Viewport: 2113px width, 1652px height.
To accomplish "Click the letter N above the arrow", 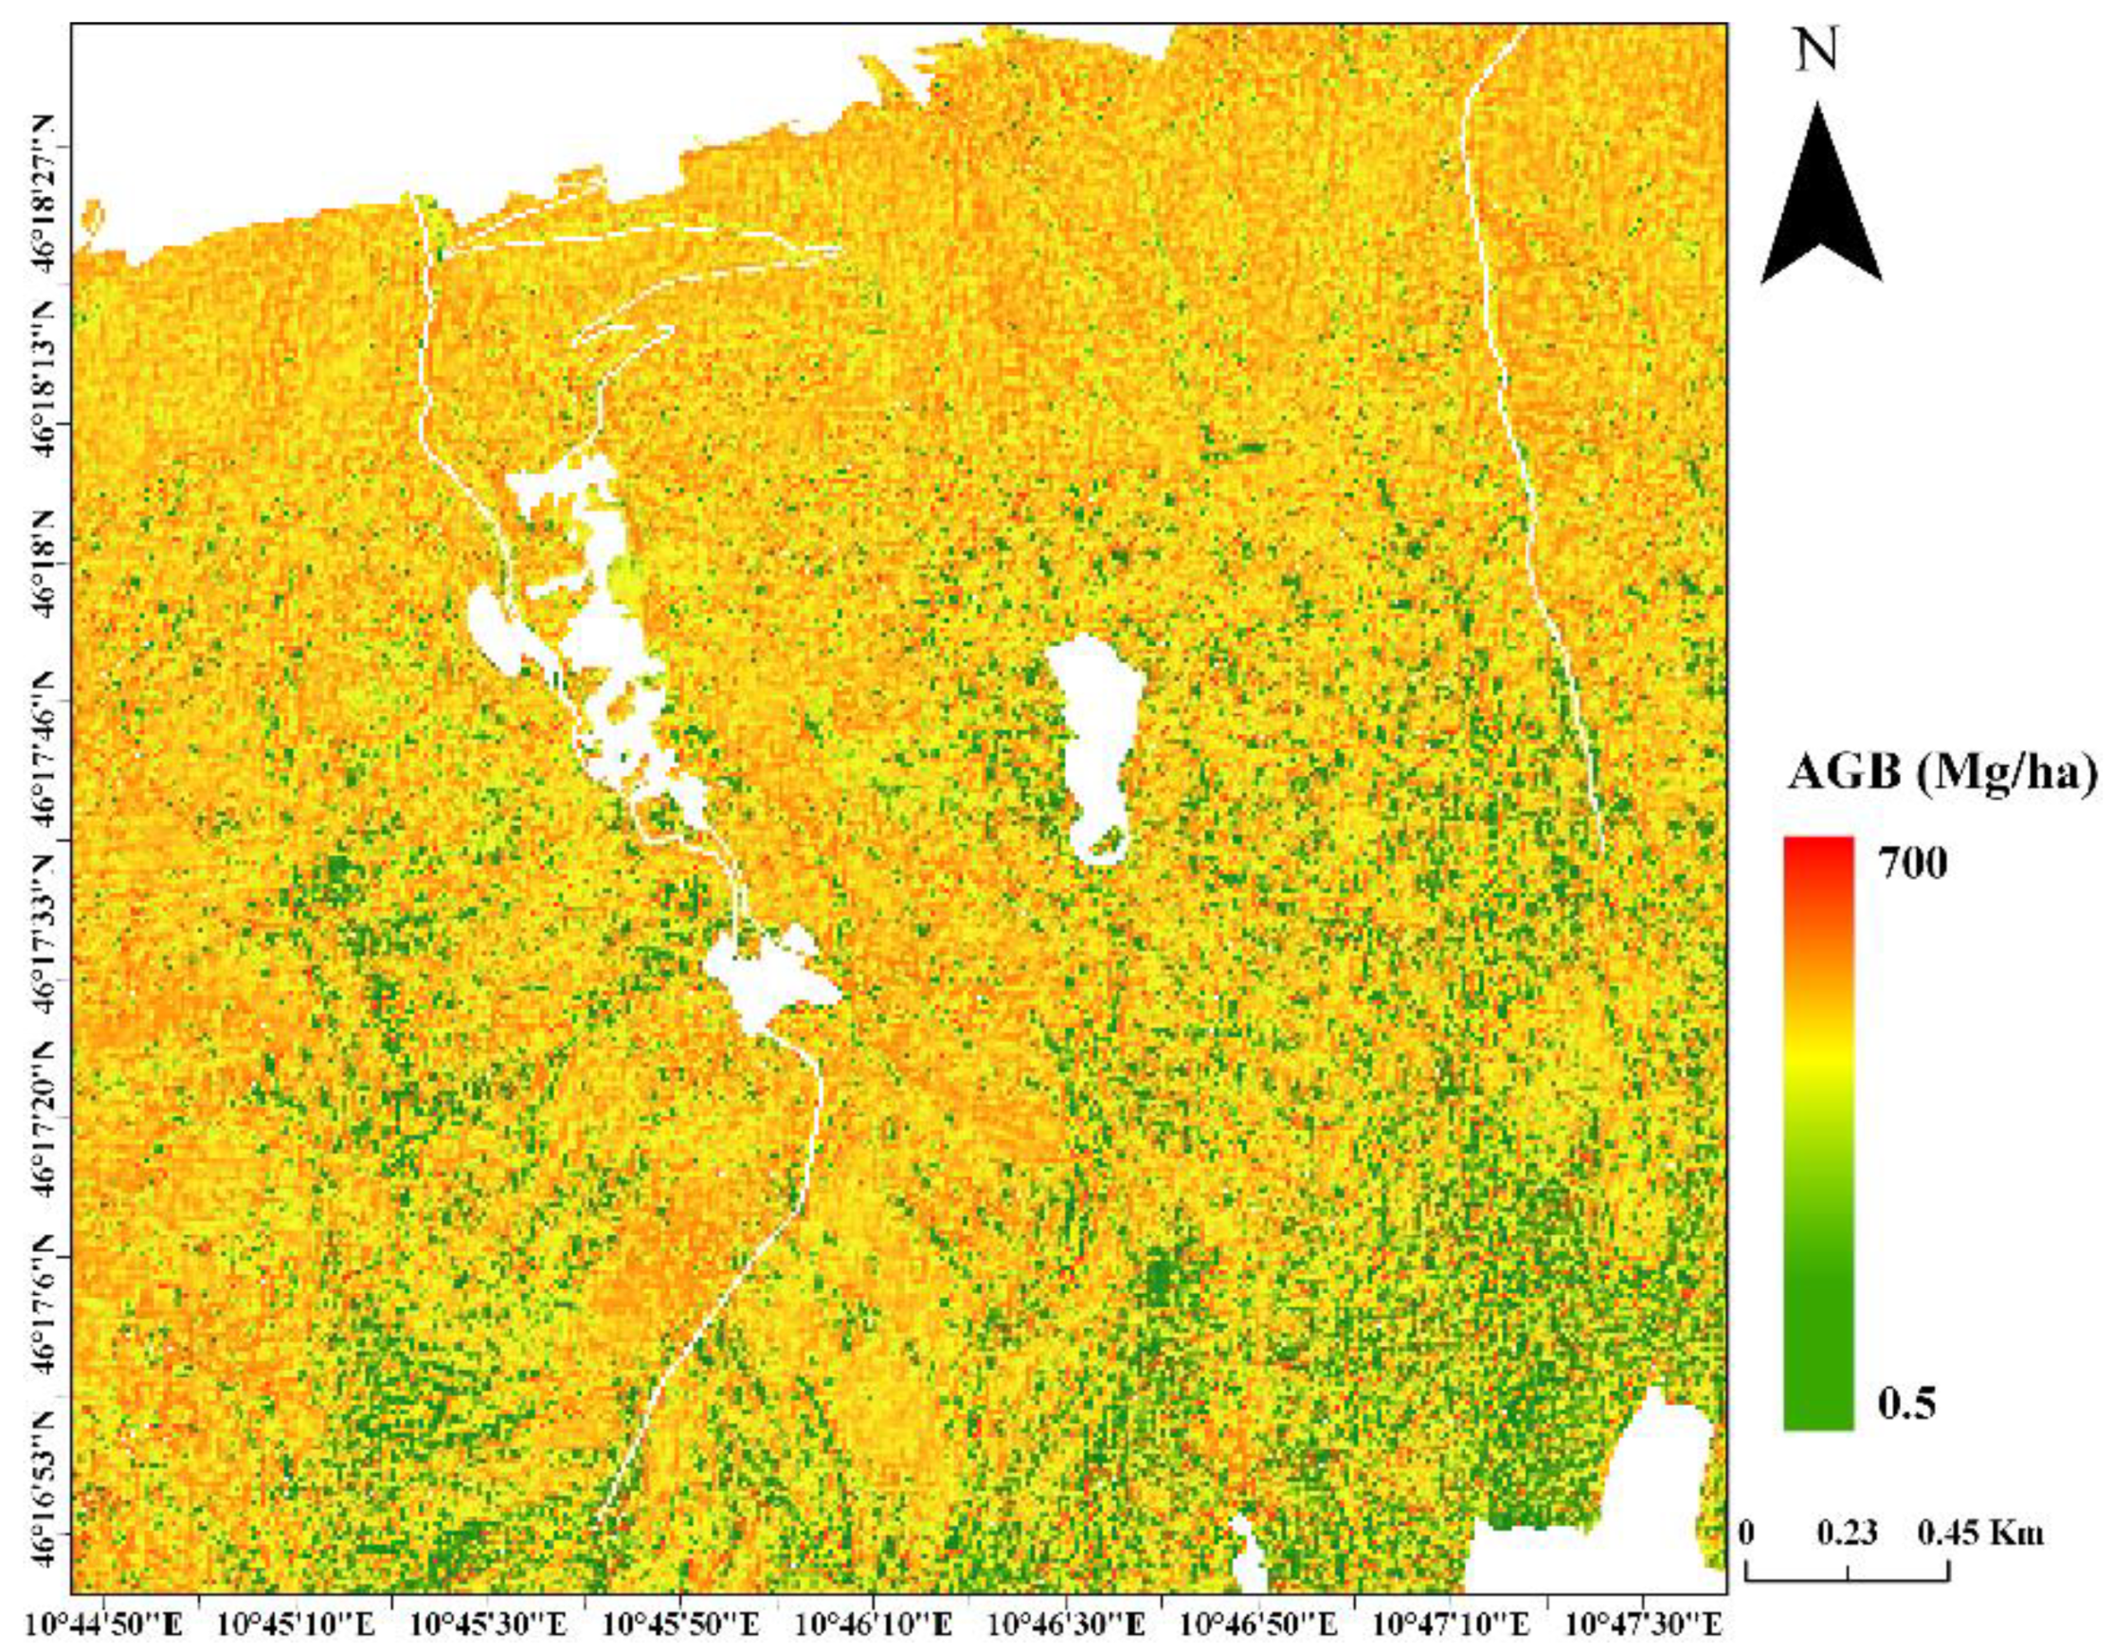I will point(1819,53).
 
